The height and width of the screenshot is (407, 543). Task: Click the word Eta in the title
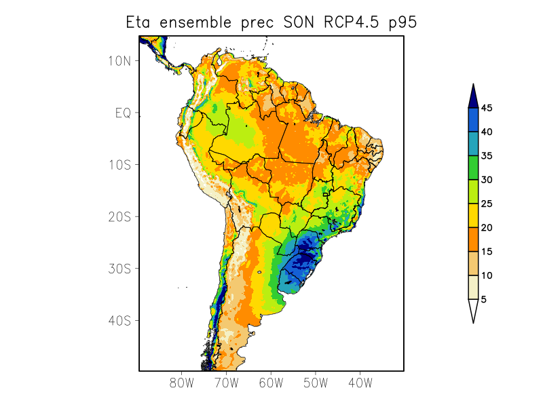[x=140, y=22]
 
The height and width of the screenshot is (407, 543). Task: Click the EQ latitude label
[x=123, y=113]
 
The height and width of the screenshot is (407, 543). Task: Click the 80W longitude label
[x=181, y=383]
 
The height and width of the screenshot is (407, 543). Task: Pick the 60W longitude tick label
[x=271, y=383]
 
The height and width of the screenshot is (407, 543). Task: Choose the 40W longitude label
[x=360, y=383]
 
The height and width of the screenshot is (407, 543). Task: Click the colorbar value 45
[x=487, y=108]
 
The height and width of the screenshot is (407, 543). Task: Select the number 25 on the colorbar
[x=487, y=203]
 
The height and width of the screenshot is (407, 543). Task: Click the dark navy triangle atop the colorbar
[x=473, y=96]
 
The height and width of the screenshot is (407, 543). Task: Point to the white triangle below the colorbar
[x=473, y=310]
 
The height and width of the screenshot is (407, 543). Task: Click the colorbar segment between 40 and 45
[x=473, y=119]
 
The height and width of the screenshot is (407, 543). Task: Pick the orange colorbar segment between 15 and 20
[x=473, y=239]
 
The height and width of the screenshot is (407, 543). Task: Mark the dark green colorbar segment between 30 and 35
[x=473, y=168]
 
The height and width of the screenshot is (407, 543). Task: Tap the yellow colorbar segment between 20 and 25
[x=473, y=215]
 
